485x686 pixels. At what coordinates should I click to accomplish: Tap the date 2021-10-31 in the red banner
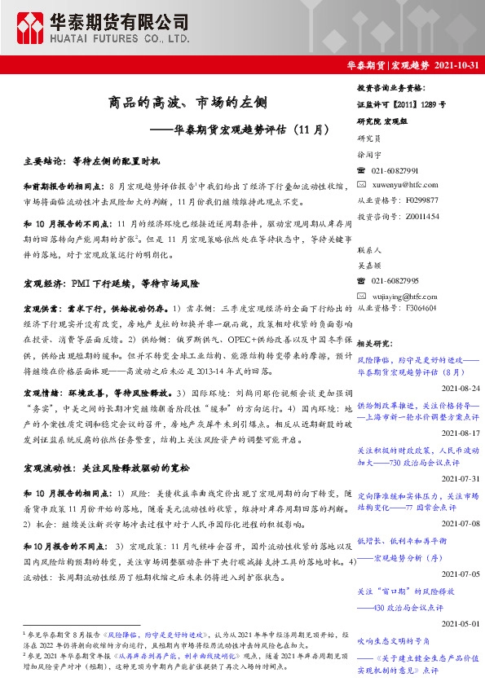(x=456, y=65)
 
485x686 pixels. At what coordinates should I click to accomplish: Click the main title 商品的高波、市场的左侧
(x=187, y=103)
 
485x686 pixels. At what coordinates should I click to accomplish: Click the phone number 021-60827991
(x=395, y=170)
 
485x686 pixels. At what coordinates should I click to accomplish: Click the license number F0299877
(x=415, y=200)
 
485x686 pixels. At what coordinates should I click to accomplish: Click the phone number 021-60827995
(x=395, y=280)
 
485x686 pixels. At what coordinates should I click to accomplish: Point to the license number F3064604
(x=415, y=309)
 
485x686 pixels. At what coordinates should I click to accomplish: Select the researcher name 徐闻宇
(x=371, y=153)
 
